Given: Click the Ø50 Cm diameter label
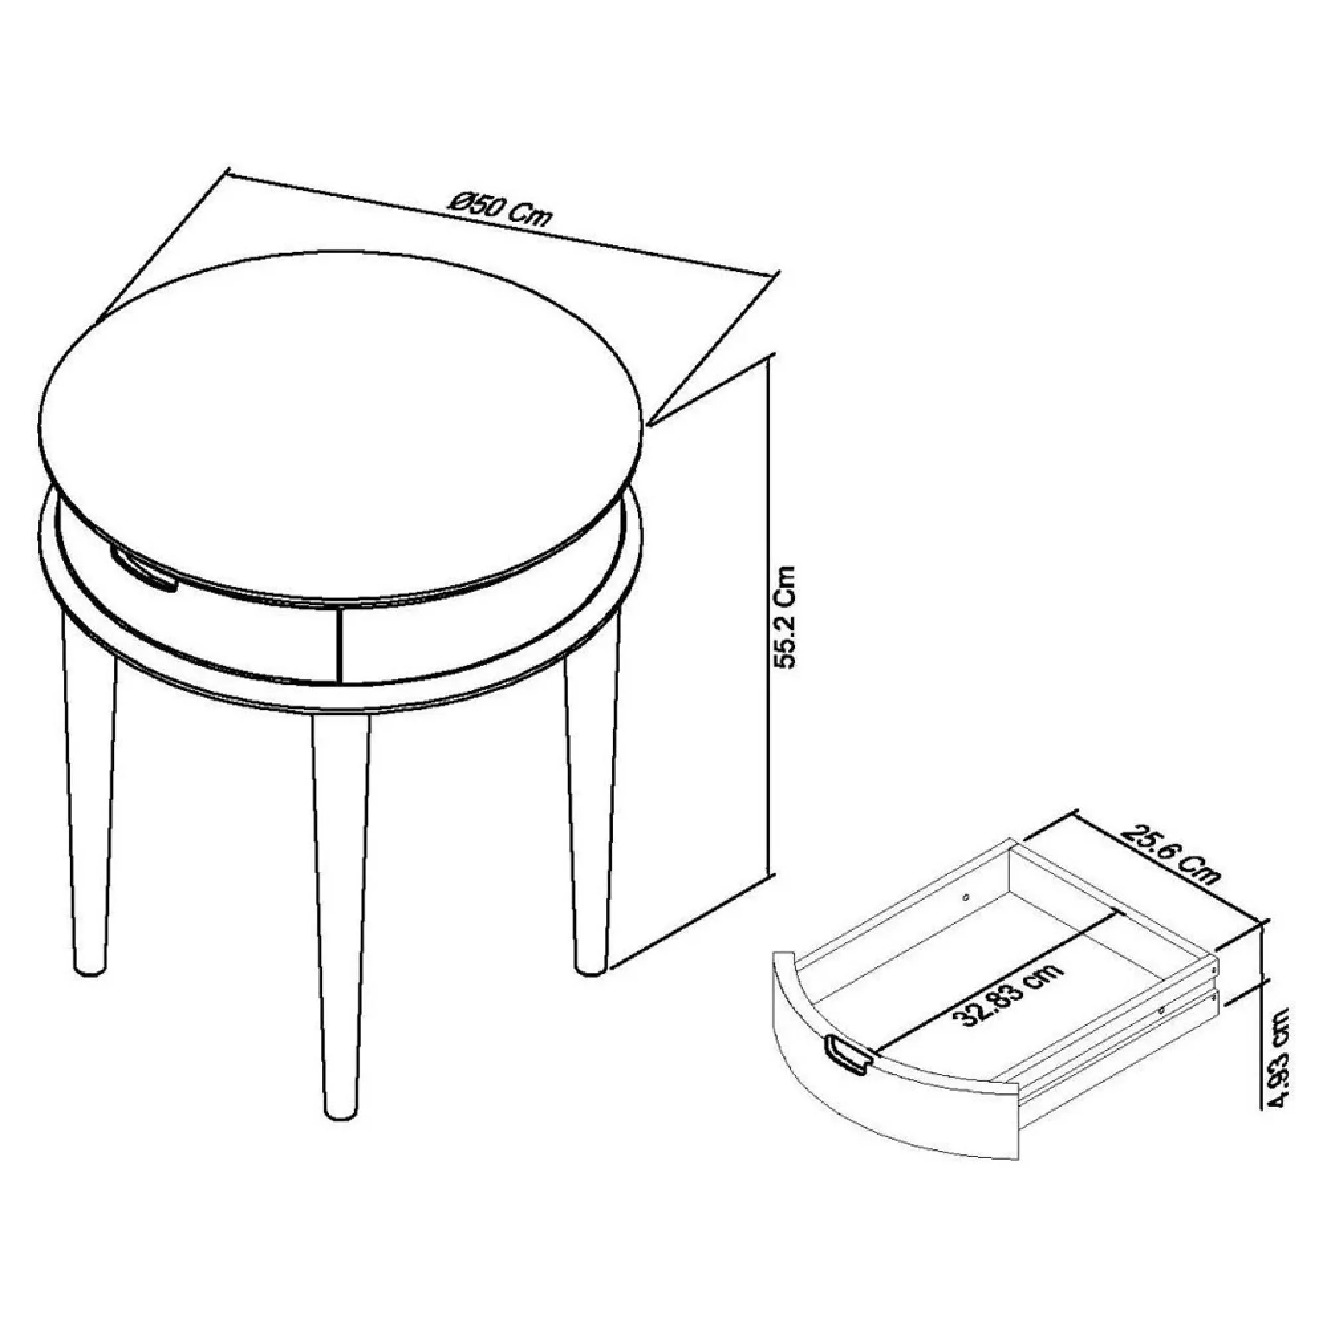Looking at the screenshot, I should [500, 208].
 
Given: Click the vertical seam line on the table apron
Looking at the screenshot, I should [339, 646].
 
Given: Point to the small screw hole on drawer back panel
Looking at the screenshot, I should [967, 896].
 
